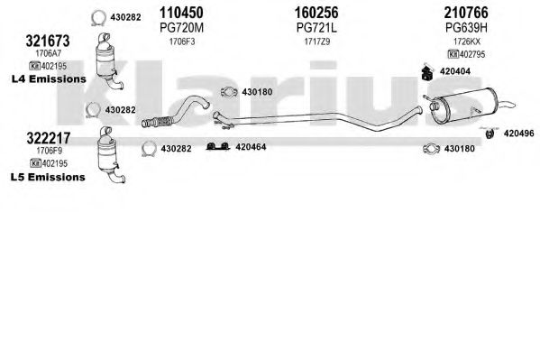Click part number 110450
[181, 13]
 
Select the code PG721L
[316, 28]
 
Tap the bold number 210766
[466, 13]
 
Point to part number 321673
[48, 41]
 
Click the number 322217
[49, 138]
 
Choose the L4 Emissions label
[49, 79]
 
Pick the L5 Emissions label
[48, 177]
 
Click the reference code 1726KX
[466, 42]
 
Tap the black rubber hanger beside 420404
[427, 72]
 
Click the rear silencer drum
[463, 106]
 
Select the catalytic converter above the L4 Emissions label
[107, 61]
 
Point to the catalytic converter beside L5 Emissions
[109, 155]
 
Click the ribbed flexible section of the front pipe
[158, 122]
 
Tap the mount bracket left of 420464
[218, 146]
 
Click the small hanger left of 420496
[490, 134]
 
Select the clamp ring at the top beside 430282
[98, 18]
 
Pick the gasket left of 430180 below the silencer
[431, 149]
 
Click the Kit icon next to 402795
[453, 54]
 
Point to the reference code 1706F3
[182, 42]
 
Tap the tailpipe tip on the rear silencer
[507, 105]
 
